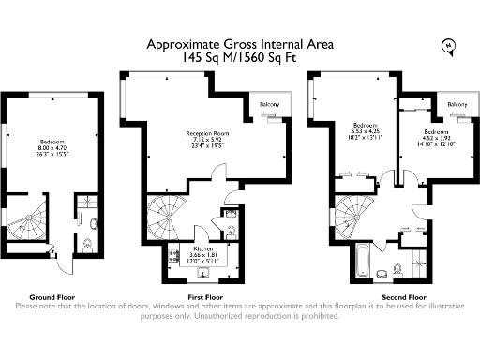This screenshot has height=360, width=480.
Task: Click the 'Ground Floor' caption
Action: [53, 295]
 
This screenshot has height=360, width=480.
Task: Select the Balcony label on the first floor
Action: [270, 103]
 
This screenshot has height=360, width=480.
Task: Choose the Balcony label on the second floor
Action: [458, 104]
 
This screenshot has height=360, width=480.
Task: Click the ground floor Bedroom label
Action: [52, 141]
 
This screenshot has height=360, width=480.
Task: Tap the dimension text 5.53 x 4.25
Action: [366, 131]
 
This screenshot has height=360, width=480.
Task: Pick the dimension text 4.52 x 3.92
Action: [436, 138]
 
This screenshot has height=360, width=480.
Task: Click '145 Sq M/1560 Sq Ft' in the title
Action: [240, 57]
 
